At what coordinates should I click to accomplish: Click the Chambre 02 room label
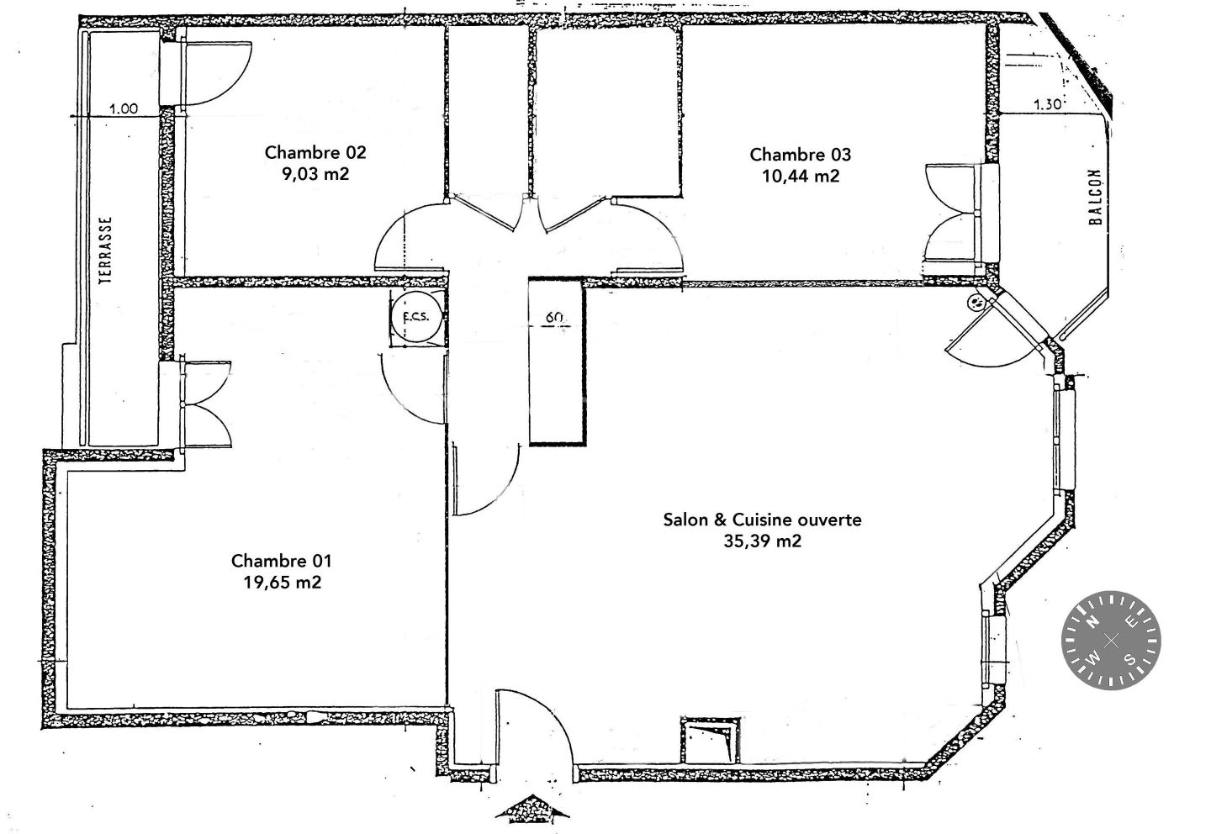pos(315,152)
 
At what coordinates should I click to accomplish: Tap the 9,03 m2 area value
pos(315,174)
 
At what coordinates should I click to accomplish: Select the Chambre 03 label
pos(800,155)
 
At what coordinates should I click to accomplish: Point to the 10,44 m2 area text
pos(801,177)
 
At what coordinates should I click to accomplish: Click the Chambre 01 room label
pos(281,561)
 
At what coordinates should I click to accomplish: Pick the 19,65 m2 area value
pos(283,583)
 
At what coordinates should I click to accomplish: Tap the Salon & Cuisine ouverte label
pos(762,520)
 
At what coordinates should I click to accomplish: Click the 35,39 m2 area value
pos(762,541)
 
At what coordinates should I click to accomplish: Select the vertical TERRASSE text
pos(106,251)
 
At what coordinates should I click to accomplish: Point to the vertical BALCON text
pos(1095,197)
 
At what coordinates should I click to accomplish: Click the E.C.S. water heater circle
pos(417,316)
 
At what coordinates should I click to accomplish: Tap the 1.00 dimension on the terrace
pos(124,108)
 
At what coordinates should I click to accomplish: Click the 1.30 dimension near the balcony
pos(1048,104)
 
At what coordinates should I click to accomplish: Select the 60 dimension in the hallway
pos(554,317)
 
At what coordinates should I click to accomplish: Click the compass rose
pos(1111,641)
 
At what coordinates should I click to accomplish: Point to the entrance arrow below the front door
pos(532,809)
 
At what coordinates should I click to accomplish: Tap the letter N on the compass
pos(1091,623)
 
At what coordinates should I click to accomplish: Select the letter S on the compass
pos(1129,659)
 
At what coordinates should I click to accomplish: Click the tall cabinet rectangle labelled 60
pos(558,362)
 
